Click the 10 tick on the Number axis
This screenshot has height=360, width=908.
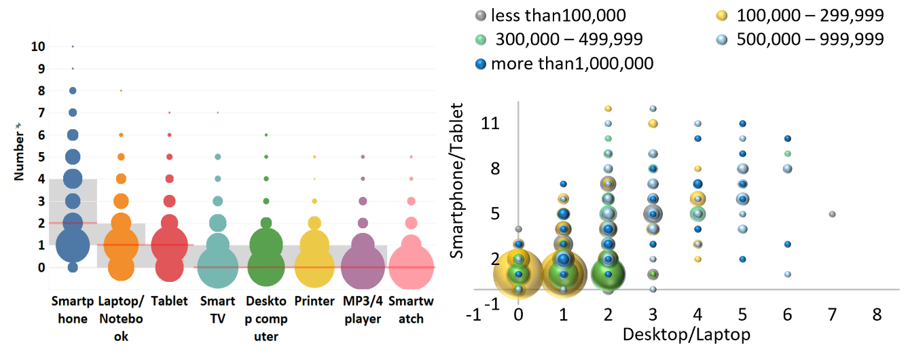tap(38, 47)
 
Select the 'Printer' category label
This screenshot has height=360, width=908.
tap(314, 301)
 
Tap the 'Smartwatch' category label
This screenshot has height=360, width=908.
tap(411, 309)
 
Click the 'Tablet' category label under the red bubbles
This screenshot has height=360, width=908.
tap(169, 301)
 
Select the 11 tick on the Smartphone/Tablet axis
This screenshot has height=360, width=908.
tap(491, 124)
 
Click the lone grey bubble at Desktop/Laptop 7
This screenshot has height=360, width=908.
tap(832, 214)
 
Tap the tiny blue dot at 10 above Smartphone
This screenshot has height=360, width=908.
tap(73, 46)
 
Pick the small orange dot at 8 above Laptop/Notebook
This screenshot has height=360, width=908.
tap(121, 90)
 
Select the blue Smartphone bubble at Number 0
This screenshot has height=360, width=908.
tap(73, 268)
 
